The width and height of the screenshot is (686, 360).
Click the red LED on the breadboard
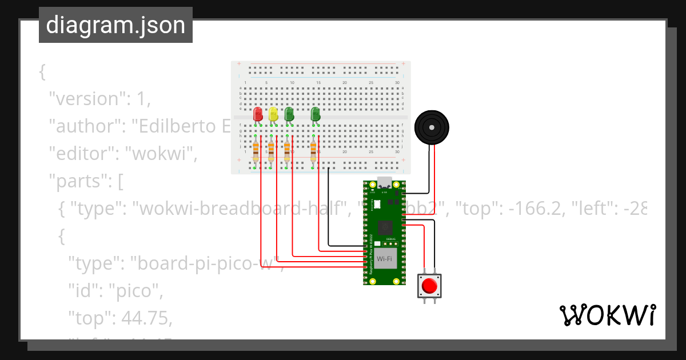(x=257, y=114)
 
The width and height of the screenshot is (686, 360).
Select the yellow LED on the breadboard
(x=273, y=114)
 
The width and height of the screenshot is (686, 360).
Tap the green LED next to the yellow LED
(x=289, y=114)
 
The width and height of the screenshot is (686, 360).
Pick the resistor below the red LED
(x=256, y=152)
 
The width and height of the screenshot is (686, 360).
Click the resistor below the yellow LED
(x=272, y=152)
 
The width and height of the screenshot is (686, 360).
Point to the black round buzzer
(x=432, y=127)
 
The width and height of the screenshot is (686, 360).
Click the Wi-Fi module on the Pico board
(x=384, y=259)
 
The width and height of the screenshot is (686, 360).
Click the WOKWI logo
(x=607, y=315)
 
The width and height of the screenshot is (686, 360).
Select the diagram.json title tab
(x=115, y=26)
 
